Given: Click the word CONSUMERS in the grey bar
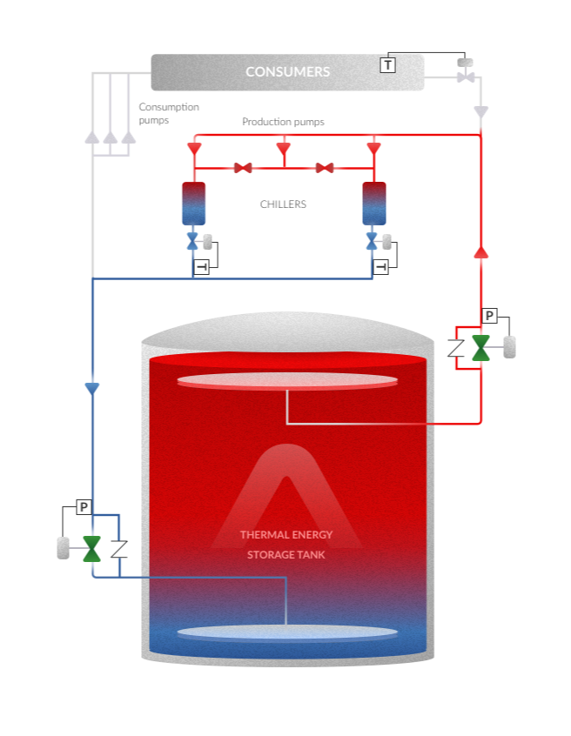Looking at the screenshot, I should coord(287,72).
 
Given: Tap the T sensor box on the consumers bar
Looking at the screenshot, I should coord(387,64).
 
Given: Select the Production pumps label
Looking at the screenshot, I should coord(283,122).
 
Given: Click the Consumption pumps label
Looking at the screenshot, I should coord(169,113).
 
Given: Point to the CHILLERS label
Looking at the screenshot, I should coord(283,204).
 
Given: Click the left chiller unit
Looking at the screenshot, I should coord(193,204).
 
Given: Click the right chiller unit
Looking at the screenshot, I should coord(374,204).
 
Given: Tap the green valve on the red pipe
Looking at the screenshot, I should coord(480,348).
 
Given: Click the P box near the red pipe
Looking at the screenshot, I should coord(489,316).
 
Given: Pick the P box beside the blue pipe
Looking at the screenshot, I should coord(84,506).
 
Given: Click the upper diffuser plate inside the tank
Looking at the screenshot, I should coord(287,379).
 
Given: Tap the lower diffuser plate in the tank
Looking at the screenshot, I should coord(287,632).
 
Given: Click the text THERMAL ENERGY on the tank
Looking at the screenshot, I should coord(286,535).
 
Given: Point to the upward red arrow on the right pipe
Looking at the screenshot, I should coord(480,251).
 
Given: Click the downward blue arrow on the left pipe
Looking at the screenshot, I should coord(92,389).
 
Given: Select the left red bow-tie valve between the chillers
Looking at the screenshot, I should coord(243,167).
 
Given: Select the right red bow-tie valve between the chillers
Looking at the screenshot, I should coord(325,167).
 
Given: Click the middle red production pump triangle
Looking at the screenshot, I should coord(283,148).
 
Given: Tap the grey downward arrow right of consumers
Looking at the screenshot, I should coord(480,112).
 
